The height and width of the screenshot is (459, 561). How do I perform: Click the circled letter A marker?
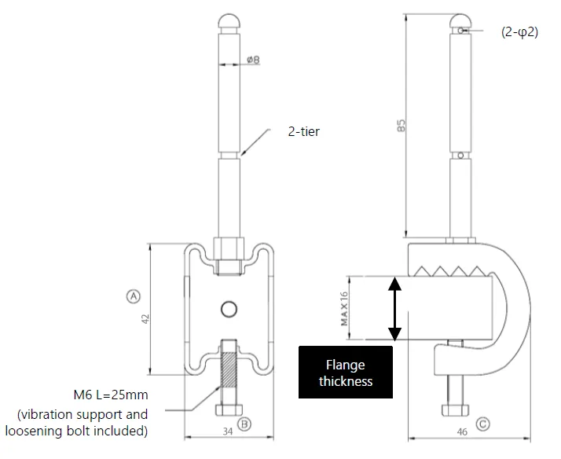[134, 296]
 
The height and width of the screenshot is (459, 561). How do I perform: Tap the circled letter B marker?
[244, 424]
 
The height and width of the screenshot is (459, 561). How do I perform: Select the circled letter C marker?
[482, 424]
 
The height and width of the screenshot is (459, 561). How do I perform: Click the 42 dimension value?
[145, 319]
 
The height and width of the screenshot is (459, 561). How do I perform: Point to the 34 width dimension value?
[228, 431]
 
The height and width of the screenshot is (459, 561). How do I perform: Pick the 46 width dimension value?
[462, 431]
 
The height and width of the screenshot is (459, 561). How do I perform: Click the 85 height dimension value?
[401, 125]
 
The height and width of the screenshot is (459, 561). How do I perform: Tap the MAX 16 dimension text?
[344, 309]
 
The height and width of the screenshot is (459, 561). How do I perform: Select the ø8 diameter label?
[253, 60]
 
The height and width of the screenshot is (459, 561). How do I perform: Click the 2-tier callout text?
[304, 132]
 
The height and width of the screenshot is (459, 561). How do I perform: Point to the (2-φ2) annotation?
[520, 32]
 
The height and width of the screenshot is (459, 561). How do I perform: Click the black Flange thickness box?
[346, 372]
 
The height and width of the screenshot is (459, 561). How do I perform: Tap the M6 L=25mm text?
[111, 395]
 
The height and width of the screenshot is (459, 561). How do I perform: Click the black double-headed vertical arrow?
[394, 309]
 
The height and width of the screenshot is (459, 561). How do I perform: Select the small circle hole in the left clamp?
[229, 309]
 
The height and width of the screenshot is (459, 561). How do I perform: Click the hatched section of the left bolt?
[229, 369]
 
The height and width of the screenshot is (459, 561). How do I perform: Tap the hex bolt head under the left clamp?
[229, 410]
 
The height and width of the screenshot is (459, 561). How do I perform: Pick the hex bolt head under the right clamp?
[455, 410]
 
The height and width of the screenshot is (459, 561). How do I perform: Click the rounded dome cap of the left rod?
[229, 22]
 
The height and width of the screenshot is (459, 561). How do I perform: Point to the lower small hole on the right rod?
[460, 156]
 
